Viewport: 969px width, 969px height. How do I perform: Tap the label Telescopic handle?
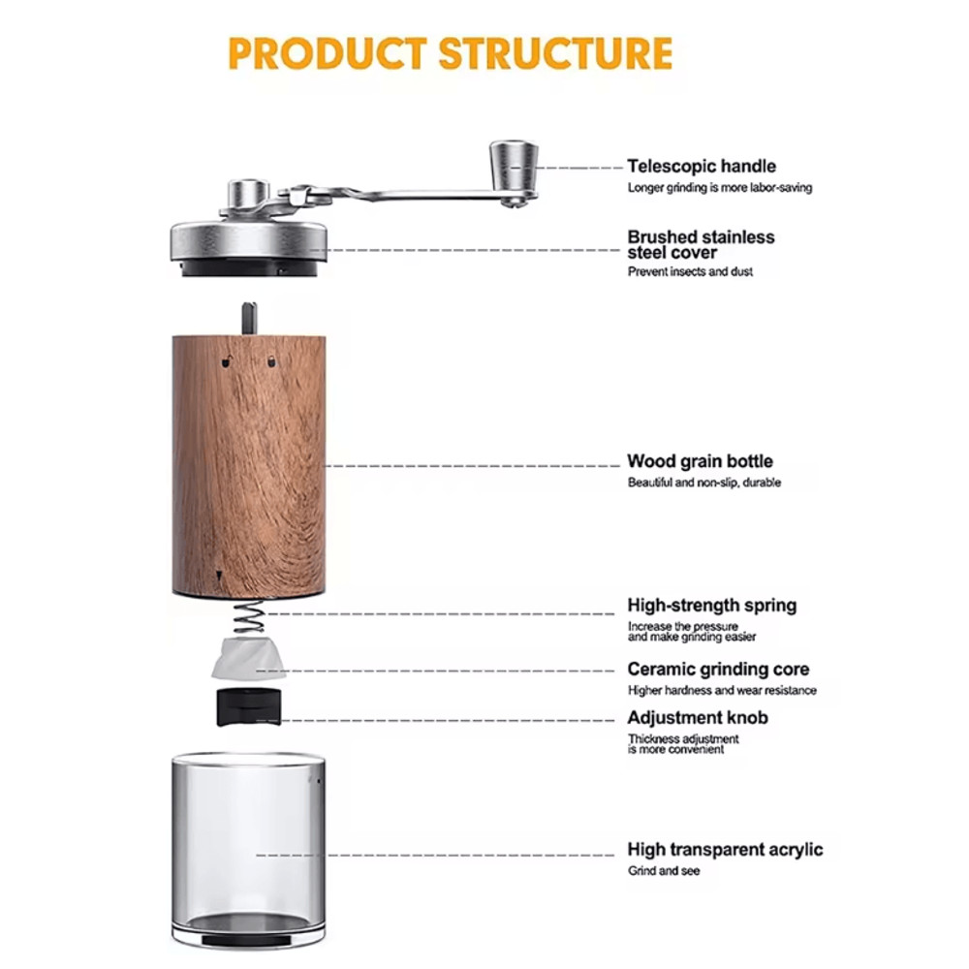(702, 167)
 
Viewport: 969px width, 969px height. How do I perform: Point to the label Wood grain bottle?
(700, 461)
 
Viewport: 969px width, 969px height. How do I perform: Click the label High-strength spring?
(712, 606)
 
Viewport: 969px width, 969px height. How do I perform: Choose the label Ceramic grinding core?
(718, 670)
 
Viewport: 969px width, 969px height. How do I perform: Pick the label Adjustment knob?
(698, 718)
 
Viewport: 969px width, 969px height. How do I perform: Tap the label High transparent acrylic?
(725, 850)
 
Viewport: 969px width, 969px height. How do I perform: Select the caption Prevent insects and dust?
(690, 272)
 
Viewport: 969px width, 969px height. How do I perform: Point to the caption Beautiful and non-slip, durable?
(704, 483)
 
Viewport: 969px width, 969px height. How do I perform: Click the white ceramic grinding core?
(248, 658)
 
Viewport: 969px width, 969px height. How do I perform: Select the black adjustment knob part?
(247, 706)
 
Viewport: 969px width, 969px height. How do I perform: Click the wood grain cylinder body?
(249, 465)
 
